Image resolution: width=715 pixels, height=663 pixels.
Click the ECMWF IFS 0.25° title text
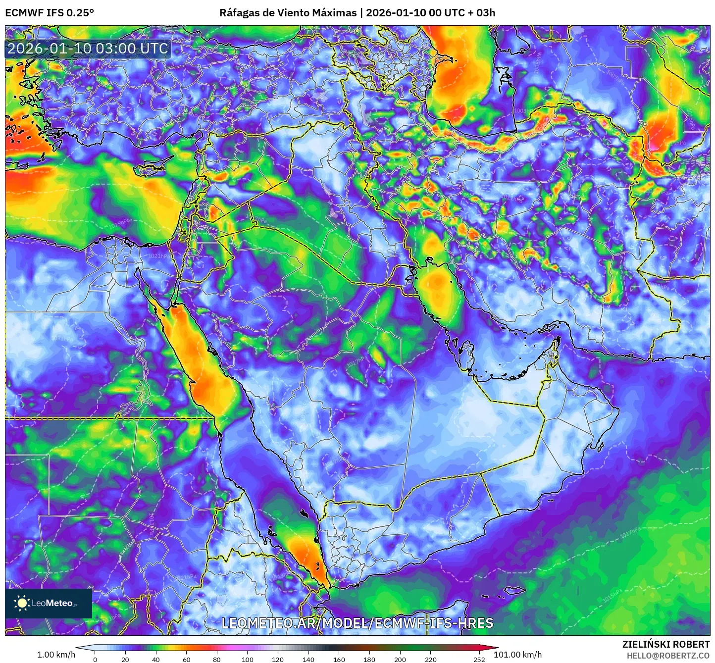pos(50,13)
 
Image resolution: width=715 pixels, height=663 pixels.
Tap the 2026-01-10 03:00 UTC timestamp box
pos(88,49)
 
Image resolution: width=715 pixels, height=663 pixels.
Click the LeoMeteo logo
pos(49,603)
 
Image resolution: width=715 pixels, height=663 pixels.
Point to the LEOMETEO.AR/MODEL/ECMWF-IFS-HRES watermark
pos(357,623)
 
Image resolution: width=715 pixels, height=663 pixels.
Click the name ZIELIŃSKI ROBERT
pos(665,644)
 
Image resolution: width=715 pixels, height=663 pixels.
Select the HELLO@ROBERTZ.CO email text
pos(667,655)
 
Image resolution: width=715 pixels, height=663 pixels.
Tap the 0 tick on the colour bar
pos(95,659)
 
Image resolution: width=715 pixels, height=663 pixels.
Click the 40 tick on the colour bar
pos(156,659)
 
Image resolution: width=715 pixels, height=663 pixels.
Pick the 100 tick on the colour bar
pos(248,659)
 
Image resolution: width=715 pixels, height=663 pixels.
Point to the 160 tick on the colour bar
pos(339,659)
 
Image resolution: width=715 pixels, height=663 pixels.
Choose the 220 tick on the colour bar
pos(431,659)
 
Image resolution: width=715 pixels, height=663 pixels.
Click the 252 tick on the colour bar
pos(479,659)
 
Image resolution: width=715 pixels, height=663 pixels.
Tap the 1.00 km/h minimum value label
pos(56,655)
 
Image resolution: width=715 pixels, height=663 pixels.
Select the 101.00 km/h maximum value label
pos(517,655)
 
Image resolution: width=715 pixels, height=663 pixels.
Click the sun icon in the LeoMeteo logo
pos(22,603)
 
